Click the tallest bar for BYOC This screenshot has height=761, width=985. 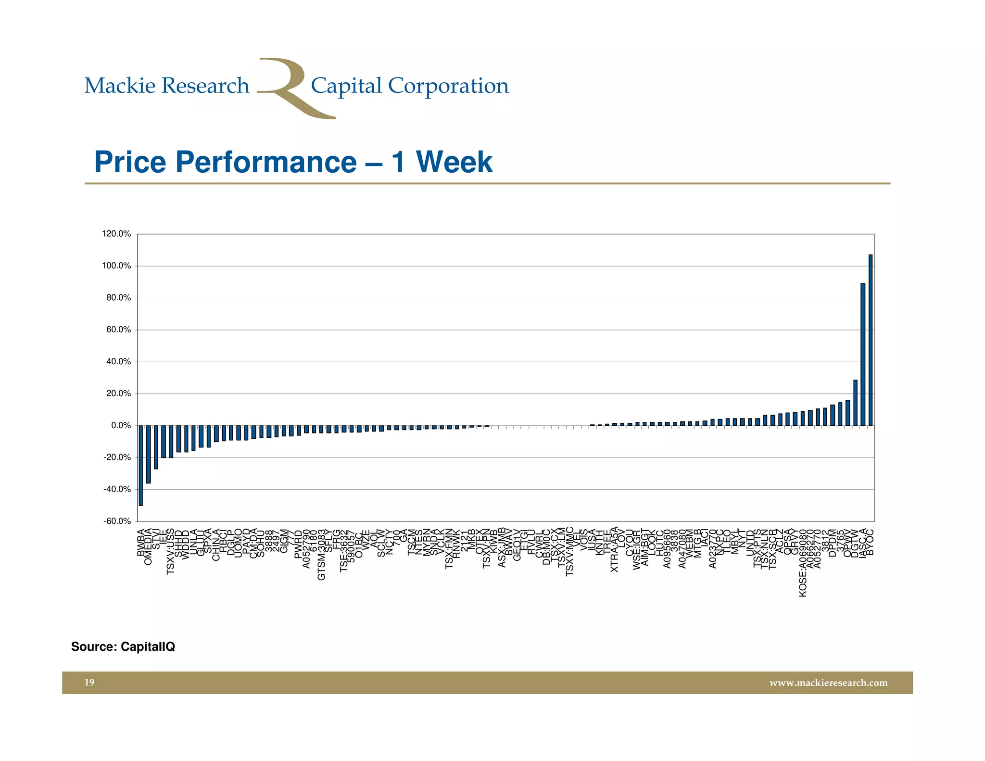coord(871,340)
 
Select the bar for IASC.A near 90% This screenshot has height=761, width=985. coord(863,355)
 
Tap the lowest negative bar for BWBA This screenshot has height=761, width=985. coord(140,465)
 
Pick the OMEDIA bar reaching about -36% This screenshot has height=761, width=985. coord(148,454)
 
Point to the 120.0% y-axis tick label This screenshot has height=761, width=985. coord(116,234)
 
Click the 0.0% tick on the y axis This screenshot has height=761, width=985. coord(121,426)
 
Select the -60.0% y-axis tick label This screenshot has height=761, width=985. coord(117,521)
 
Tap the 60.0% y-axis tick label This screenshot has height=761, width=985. coord(118,330)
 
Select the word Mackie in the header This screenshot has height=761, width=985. coord(120,86)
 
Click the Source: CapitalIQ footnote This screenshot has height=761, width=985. coord(123,647)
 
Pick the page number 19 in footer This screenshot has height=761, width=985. coord(89,682)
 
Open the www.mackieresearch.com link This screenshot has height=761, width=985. coord(828,683)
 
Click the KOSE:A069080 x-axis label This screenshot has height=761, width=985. coord(803,563)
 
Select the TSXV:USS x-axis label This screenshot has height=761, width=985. coord(171,551)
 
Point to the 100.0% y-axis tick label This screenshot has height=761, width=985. coord(116,266)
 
